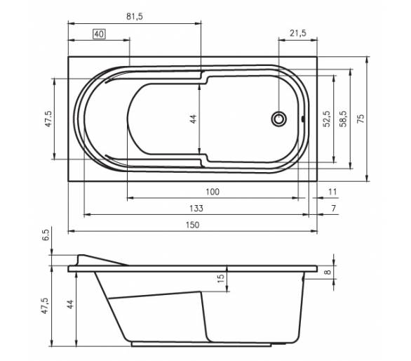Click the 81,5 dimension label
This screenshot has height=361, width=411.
pos(135,17)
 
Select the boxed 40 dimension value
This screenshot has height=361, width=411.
pos(100,34)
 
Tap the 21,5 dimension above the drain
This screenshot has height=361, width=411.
pos(298,33)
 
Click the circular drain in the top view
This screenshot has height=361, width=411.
pos(278,119)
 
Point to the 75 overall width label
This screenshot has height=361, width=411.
pos(361,119)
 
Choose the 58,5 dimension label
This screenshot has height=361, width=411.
pos(343,119)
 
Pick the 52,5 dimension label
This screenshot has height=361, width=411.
pos(327,119)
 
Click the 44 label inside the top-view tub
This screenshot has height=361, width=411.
pos(193,119)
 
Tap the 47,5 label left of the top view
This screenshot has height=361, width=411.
pos(48,119)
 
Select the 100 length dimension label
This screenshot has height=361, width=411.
pos(213,192)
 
